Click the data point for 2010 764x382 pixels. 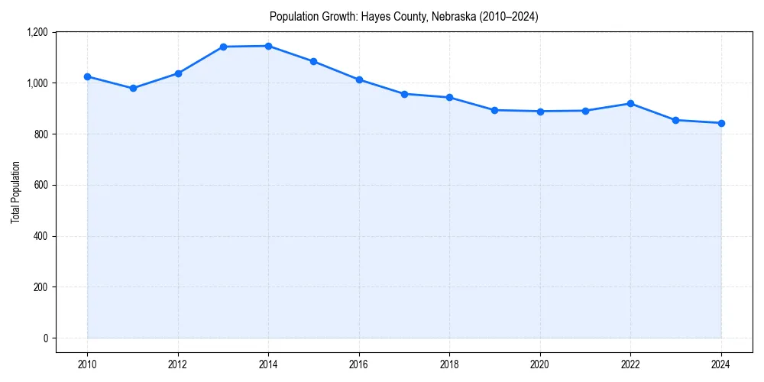87,76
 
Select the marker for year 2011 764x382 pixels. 133,88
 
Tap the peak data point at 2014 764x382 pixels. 268,46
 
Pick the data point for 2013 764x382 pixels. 223,47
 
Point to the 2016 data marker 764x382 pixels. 359,79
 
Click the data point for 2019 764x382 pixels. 494,110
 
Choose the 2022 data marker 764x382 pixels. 630,103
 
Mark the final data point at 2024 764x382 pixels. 721,123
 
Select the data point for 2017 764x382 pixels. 404,94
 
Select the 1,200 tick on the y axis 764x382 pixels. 37,32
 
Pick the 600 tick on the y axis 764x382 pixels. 40,185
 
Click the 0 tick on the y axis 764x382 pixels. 45,338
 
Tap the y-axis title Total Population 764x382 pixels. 15,192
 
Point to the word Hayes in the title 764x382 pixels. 374,17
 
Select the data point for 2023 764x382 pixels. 675,120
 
